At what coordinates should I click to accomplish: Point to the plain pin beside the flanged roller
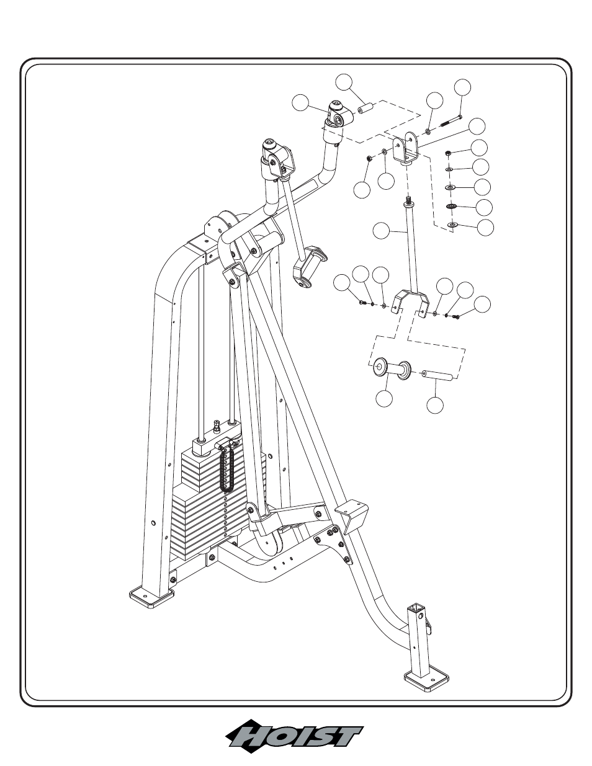click(x=437, y=375)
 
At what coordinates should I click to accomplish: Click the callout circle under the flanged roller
click(x=385, y=399)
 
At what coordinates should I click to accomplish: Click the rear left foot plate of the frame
click(x=151, y=598)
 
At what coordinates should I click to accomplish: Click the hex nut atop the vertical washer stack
click(x=449, y=152)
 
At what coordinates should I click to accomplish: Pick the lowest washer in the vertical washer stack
click(x=452, y=224)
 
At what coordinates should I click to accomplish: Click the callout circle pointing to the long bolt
click(x=462, y=87)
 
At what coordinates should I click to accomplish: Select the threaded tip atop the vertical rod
click(x=409, y=200)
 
